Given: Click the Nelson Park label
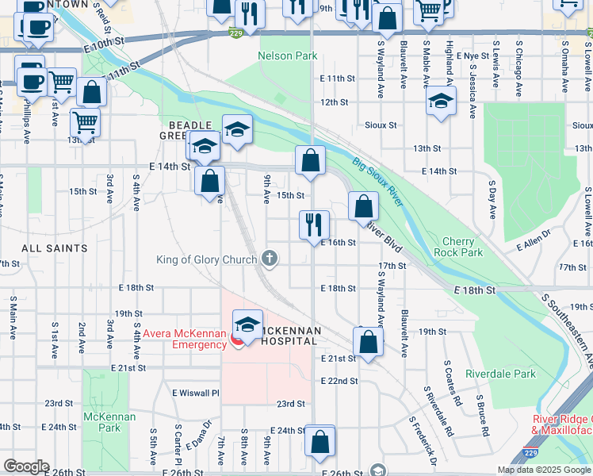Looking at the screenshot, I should click(x=287, y=56).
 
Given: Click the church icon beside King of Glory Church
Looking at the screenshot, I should click(x=270, y=258).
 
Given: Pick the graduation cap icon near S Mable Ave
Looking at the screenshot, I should click(x=441, y=101).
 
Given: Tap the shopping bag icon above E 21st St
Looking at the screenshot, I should click(x=369, y=342).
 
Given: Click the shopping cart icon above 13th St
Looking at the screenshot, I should click(x=84, y=121).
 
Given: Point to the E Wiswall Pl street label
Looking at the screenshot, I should click(x=195, y=393).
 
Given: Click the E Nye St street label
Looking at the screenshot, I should click(x=473, y=56).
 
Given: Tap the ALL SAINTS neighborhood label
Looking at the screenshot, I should click(x=55, y=248).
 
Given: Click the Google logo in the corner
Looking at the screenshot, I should click(x=26, y=466).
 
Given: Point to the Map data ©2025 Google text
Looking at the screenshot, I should click(x=543, y=470).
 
